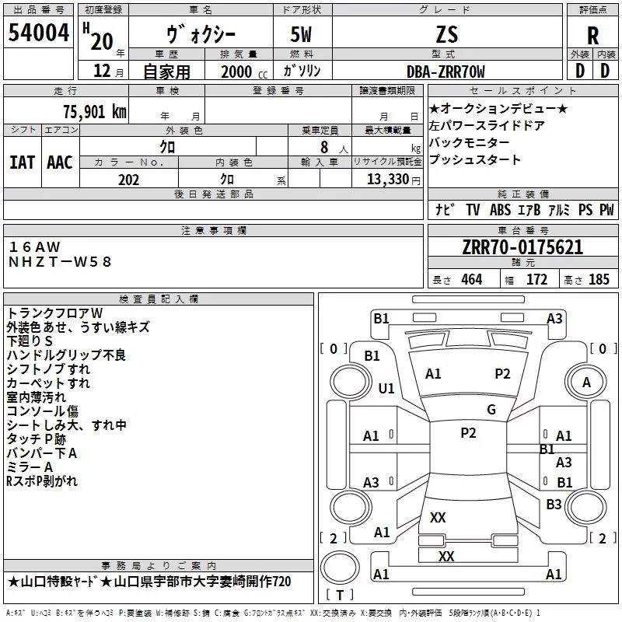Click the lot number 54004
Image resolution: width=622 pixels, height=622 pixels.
point(38,33)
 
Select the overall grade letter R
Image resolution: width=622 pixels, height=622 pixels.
point(592,34)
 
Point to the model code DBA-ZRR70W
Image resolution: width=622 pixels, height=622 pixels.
point(446,72)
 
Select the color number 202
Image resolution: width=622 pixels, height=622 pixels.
point(128,180)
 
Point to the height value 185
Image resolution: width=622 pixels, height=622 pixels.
point(599,279)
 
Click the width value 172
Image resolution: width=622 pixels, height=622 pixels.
point(536,279)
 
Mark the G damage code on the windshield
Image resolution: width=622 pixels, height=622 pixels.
point(491,410)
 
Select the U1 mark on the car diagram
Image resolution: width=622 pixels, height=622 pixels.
point(386,388)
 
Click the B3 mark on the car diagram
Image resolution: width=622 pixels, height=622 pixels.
point(554,505)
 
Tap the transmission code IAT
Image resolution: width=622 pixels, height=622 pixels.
point(22,162)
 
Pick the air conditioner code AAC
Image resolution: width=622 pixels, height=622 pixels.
point(60,162)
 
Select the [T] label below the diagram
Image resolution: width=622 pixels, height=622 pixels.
point(340,596)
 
